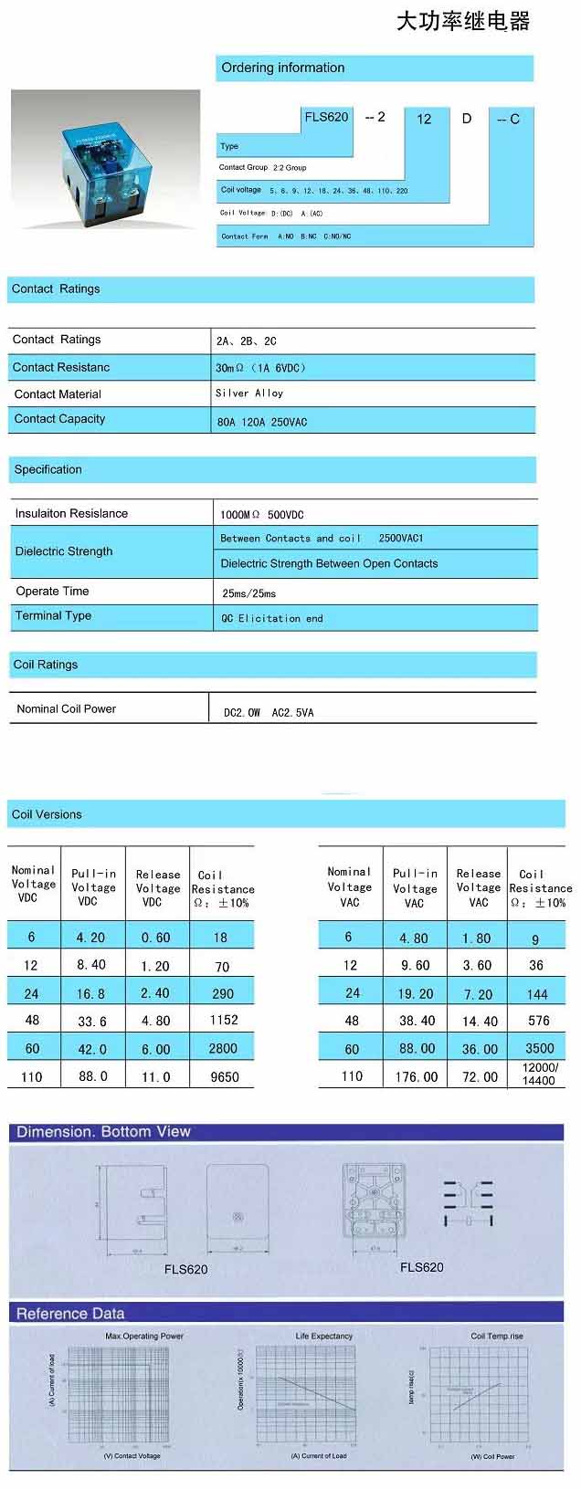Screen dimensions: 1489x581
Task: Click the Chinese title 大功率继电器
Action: [x=462, y=22]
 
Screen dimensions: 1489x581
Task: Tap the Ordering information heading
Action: [x=282, y=68]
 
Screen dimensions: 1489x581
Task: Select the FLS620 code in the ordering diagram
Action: [x=326, y=117]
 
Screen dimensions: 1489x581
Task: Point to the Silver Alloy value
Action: [x=249, y=393]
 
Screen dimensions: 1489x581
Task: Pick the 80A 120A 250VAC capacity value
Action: [x=262, y=423]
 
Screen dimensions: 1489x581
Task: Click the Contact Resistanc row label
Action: [x=61, y=367]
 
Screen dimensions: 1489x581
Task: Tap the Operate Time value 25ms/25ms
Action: [x=248, y=593]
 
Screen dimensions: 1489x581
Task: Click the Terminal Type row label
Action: [x=53, y=616]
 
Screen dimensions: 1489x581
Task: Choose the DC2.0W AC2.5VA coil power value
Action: [x=269, y=713]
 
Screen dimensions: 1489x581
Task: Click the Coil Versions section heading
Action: [x=47, y=814]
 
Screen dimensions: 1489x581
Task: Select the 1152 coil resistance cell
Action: [x=224, y=1021]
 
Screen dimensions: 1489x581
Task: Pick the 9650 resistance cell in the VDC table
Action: [x=225, y=1077]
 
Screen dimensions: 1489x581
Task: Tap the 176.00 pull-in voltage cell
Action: [x=417, y=1077]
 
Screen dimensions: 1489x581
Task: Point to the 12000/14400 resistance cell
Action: [x=539, y=1075]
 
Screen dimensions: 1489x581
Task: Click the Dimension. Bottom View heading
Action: [x=103, y=1132]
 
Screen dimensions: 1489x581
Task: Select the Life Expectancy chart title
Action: [x=323, y=1337]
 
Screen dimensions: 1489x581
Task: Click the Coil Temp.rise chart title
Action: [x=497, y=1337]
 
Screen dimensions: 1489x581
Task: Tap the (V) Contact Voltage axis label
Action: [x=132, y=1457]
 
